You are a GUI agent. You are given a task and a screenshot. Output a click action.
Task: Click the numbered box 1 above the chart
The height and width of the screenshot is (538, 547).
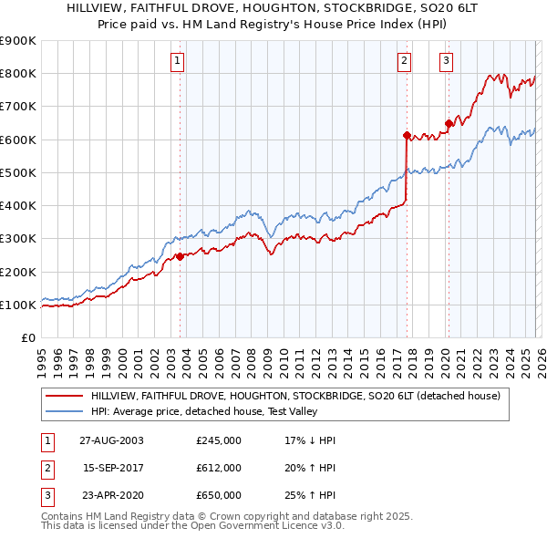(x=178, y=62)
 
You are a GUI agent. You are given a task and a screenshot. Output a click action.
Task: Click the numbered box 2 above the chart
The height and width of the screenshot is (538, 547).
(x=403, y=62)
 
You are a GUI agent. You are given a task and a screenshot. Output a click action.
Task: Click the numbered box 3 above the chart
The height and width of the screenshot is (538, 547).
(x=446, y=62)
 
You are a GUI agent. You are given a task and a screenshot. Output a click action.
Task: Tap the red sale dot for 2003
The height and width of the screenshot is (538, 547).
(x=180, y=256)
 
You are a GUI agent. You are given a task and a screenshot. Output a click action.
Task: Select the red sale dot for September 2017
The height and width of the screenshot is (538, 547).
(x=406, y=135)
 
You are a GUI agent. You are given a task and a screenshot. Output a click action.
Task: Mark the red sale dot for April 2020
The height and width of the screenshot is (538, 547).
(x=448, y=123)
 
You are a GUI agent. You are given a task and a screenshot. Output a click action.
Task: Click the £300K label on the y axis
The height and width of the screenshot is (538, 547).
(x=18, y=239)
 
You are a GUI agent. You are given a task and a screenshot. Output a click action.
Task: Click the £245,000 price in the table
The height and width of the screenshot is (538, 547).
(x=219, y=440)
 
